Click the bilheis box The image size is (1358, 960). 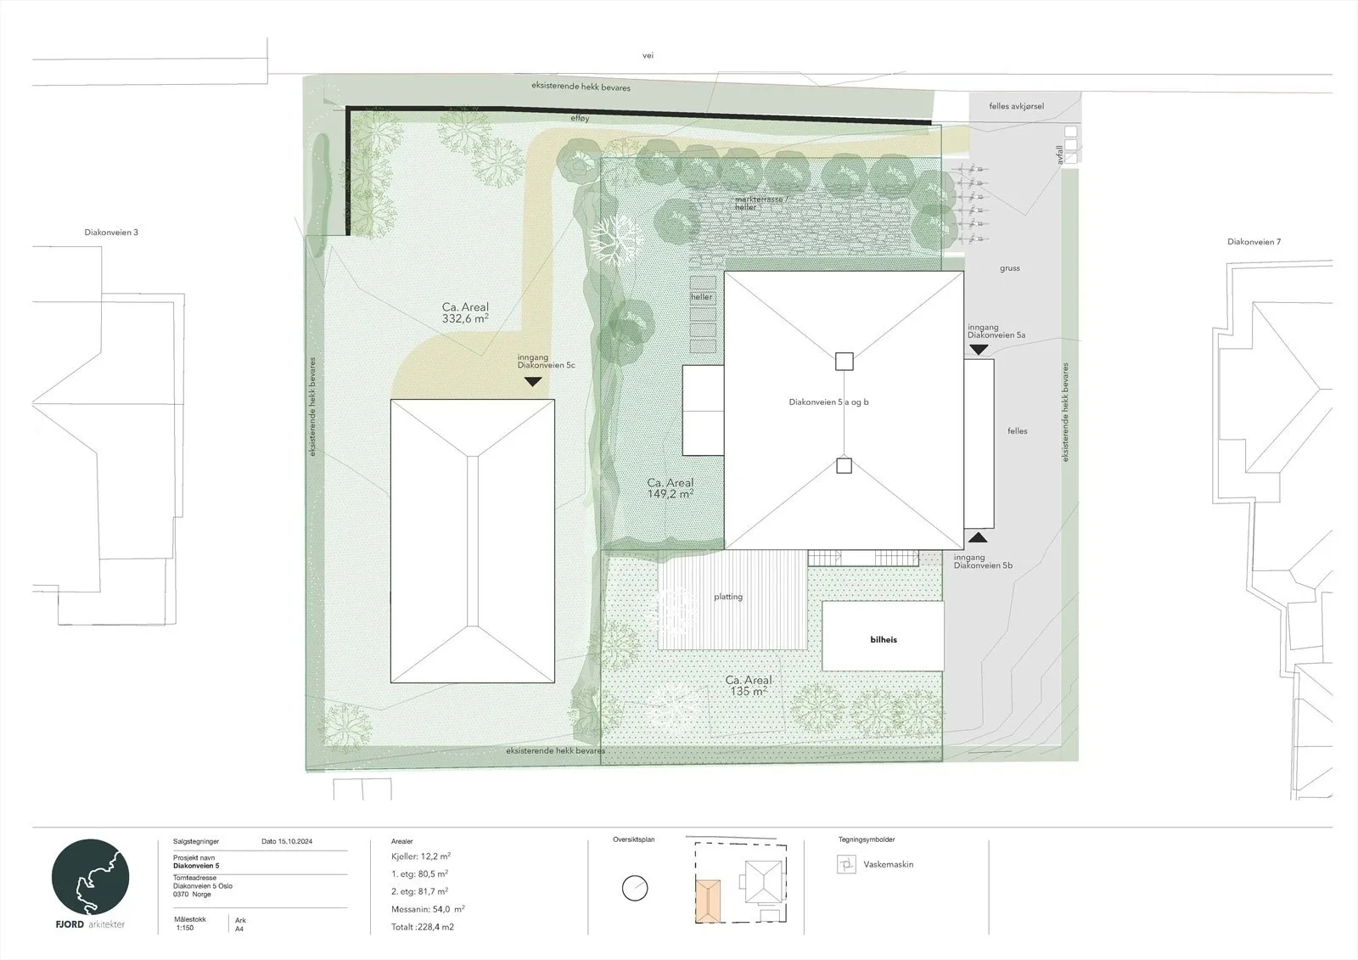(883, 636)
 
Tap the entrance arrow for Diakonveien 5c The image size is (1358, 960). (533, 382)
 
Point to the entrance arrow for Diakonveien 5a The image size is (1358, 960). (979, 350)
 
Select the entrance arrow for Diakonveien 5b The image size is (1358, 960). (977, 537)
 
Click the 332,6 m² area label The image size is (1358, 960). (465, 313)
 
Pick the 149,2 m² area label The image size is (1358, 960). (670, 488)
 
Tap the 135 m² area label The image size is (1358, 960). (749, 686)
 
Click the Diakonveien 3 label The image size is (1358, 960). (111, 233)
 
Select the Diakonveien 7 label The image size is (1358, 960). (1254, 241)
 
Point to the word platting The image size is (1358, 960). (728, 597)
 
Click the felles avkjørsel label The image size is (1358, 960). (1017, 106)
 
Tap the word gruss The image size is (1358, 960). (1010, 268)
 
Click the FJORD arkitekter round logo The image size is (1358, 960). (90, 878)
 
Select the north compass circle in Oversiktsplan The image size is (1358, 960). (635, 889)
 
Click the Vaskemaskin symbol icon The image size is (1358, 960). (846, 864)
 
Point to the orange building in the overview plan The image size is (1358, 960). (708, 901)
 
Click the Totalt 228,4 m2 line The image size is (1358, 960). (423, 927)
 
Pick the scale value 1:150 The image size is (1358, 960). (185, 928)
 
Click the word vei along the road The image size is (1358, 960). (648, 55)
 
